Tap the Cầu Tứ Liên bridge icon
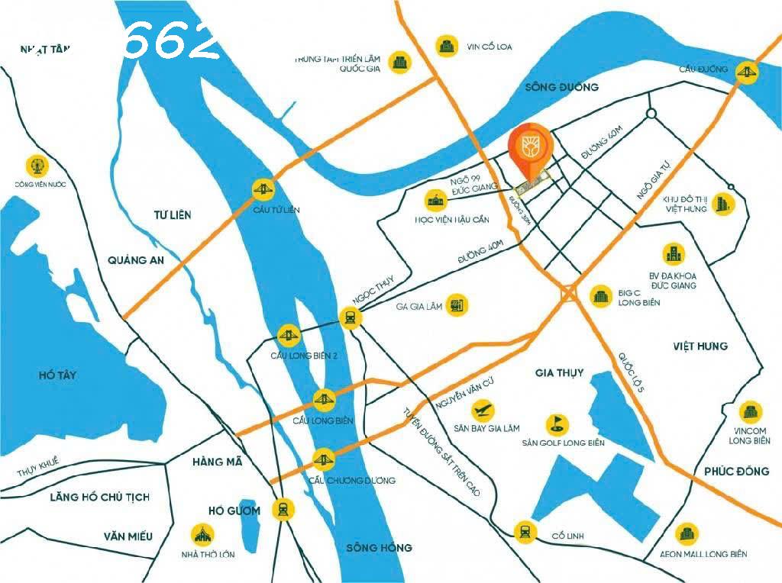tap(264, 188)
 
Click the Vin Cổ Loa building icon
tap(447, 46)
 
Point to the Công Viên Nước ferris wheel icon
tap(35, 165)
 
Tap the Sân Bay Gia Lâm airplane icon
tap(483, 410)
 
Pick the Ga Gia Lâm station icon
tap(457, 305)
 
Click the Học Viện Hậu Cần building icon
tap(436, 201)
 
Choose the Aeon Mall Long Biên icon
tap(688, 533)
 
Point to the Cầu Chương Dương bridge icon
tap(323, 459)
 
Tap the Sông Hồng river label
tap(379, 547)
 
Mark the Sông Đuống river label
tap(562, 87)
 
